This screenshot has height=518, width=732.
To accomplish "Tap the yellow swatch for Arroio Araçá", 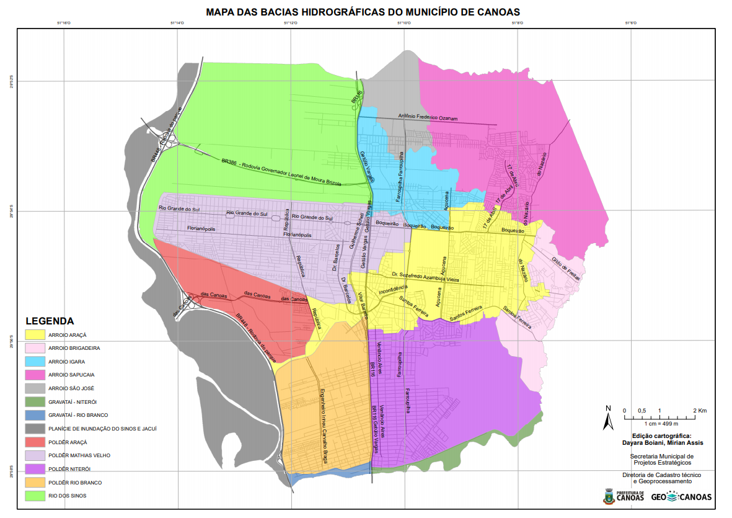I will click(x=35, y=335).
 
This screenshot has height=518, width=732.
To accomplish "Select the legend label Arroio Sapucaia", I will click(x=71, y=375).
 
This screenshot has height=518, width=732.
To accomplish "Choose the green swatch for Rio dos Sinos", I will click(x=35, y=496).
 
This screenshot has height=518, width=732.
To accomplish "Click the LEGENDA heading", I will click(x=50, y=321).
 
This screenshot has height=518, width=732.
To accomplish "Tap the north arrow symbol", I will click(x=609, y=418).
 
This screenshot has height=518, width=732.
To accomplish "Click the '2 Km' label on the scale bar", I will click(x=700, y=411).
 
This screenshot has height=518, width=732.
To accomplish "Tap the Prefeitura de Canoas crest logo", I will click(x=609, y=496).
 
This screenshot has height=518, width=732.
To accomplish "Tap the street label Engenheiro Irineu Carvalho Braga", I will click(x=323, y=426).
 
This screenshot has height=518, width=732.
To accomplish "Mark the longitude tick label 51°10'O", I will click(x=403, y=24).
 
